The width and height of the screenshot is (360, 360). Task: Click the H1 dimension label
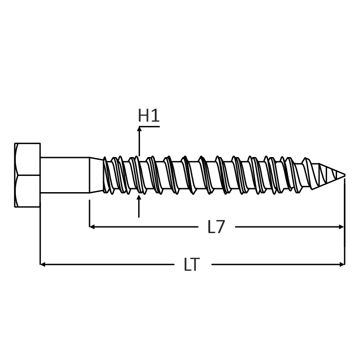[148, 116]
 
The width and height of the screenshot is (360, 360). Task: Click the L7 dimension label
[216, 227]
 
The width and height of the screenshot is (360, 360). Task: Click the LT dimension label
[192, 265]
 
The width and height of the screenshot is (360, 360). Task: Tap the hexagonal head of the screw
[27, 175]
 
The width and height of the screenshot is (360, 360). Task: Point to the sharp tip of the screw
[345, 175]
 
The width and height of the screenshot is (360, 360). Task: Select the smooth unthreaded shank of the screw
[65, 175]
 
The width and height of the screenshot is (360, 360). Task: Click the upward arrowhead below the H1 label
[139, 129]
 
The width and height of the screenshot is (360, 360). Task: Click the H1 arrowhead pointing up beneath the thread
[139, 197]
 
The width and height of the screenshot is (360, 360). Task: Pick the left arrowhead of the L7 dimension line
[92, 227]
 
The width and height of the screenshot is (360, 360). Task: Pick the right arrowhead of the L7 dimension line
[342, 227]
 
